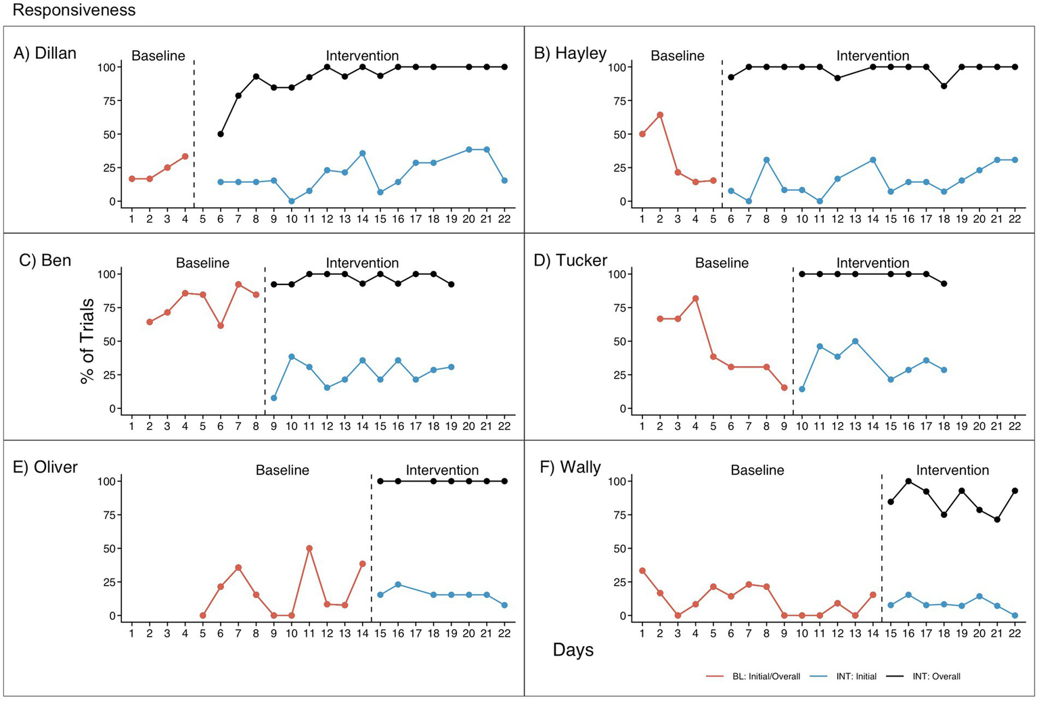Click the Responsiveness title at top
74,10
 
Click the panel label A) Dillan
45,53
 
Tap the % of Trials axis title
87,341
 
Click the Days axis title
573,650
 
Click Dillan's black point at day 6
221,134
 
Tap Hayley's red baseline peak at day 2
660,114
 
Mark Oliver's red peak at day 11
309,548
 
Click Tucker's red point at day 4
695,298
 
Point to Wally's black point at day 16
908,481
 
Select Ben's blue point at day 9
273,398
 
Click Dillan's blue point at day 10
292,201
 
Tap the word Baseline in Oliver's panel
282,470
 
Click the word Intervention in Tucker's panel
872,263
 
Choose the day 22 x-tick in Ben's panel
504,426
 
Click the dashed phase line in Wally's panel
881,542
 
